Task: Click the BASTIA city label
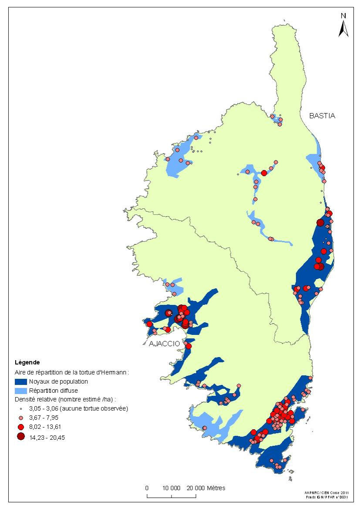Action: tap(322, 116)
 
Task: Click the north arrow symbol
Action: tap(343, 28)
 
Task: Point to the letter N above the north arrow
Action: tap(343, 16)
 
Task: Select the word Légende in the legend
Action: tap(27, 362)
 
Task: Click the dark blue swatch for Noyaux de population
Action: tap(21, 381)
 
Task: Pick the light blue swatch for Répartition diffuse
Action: tap(21, 391)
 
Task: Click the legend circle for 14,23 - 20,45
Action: tap(21, 437)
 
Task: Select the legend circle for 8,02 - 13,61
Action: tap(21, 428)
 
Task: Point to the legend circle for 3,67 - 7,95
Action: tap(21, 418)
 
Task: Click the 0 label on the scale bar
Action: tap(147, 488)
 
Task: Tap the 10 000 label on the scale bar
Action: tap(173, 488)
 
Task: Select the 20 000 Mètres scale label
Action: tap(207, 488)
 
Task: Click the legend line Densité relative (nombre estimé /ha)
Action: tap(67, 399)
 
